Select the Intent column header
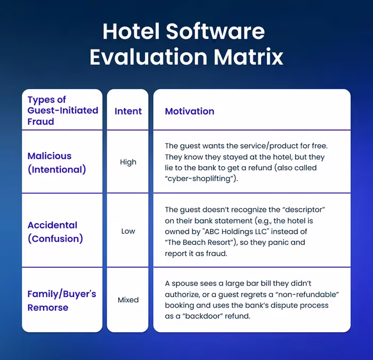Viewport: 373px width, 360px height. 128,111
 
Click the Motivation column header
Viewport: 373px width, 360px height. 189,111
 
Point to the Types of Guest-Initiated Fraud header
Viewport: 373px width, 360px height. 62,110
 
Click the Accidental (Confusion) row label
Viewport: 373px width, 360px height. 55,232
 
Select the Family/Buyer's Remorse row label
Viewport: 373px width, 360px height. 61,300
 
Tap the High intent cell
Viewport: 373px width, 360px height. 128,162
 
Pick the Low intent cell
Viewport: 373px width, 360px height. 128,231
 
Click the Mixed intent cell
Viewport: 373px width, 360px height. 128,300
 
